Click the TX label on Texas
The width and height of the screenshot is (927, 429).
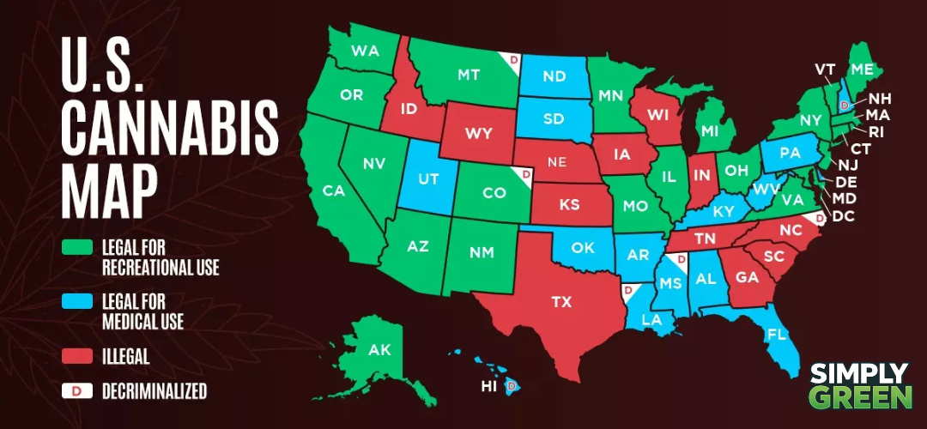(x=560, y=302)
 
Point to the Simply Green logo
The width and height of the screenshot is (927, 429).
(x=861, y=384)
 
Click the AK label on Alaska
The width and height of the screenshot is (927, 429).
(x=379, y=350)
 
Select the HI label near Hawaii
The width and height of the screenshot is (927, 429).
(x=489, y=387)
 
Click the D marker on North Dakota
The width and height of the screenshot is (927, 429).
(x=513, y=59)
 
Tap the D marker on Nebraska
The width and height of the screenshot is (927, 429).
(x=524, y=174)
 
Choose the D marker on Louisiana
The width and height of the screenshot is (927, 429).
(x=627, y=291)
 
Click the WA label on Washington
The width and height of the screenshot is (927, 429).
(x=365, y=51)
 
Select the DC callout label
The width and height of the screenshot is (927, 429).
(x=844, y=216)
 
